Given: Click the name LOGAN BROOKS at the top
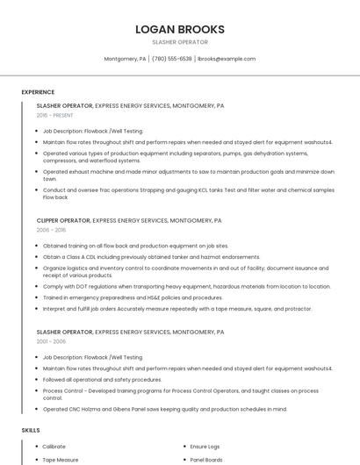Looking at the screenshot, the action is (x=179, y=29).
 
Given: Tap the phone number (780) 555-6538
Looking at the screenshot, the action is (x=172, y=59).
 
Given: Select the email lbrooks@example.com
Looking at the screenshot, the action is (x=227, y=59).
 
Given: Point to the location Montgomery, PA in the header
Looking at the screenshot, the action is (x=125, y=59).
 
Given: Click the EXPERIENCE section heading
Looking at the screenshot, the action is (x=38, y=92).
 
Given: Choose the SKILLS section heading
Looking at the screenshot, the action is (x=31, y=431).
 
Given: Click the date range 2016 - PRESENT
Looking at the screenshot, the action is (x=55, y=115).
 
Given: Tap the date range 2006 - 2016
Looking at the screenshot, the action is (x=51, y=230).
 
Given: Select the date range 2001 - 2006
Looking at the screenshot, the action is (x=51, y=342).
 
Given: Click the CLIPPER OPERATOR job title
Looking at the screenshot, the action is (x=63, y=221).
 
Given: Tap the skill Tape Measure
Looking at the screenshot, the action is (x=61, y=459).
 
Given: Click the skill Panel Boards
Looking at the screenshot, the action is (x=207, y=459).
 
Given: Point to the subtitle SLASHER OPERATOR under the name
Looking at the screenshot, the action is (x=179, y=41).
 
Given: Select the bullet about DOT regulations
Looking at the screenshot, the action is (x=186, y=286).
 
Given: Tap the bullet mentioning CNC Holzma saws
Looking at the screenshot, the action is (x=164, y=409).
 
